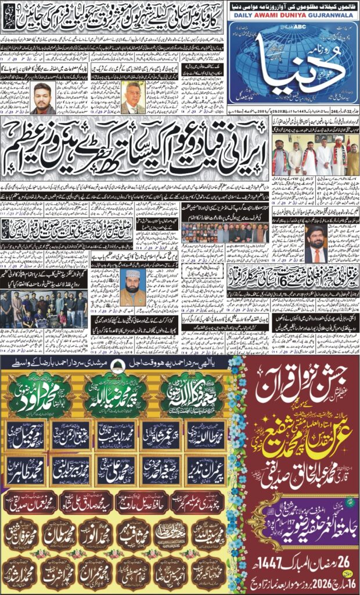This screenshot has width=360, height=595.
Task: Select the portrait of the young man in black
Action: (x=42, y=98)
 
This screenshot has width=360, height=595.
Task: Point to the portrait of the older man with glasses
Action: (x=132, y=98)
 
